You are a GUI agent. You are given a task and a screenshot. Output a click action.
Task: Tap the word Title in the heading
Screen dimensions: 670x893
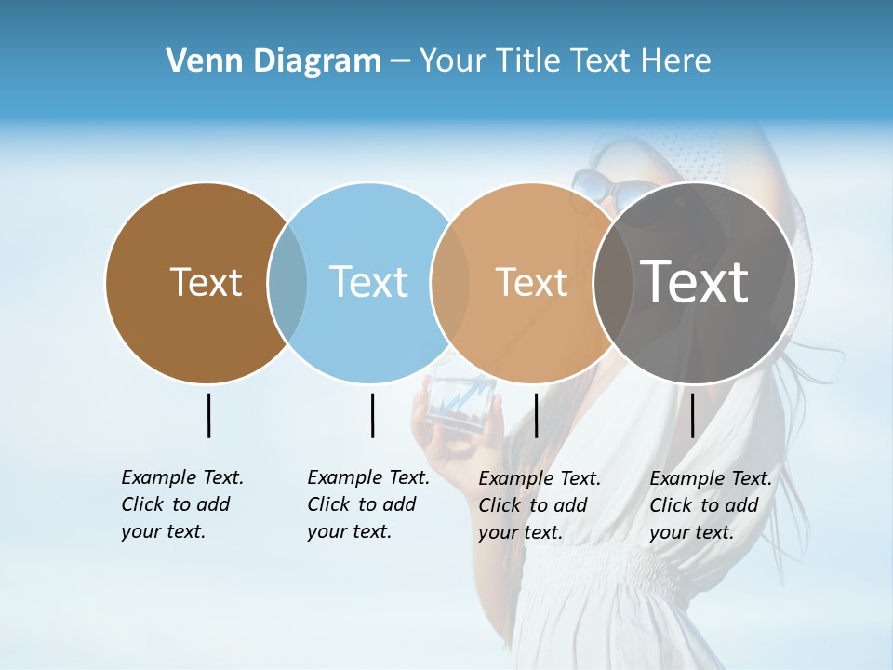coord(526,61)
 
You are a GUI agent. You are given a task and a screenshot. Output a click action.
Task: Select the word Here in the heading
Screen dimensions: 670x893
coord(676,61)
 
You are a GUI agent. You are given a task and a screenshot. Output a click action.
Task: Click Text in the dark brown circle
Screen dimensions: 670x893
coord(206,282)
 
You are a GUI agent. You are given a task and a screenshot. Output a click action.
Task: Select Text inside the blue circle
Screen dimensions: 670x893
coord(368,282)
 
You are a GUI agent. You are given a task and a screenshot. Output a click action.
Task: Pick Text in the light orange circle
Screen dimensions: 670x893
coord(531,282)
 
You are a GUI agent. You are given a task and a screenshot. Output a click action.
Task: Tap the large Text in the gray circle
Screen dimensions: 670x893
coord(694,281)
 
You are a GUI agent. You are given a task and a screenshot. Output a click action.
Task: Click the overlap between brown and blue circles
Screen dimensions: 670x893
coord(287,283)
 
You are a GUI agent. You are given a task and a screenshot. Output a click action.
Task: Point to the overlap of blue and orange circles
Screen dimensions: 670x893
coord(450,283)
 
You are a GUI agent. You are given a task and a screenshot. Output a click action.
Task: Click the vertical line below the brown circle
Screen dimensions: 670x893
coord(208,415)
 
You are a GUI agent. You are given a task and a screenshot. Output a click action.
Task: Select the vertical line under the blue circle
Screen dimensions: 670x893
coord(372,415)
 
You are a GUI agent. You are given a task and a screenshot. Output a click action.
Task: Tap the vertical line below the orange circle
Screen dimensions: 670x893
coord(536,415)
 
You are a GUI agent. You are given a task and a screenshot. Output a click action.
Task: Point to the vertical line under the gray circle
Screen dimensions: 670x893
coord(692,415)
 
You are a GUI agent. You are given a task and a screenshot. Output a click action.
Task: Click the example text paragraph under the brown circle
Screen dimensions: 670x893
coord(181,504)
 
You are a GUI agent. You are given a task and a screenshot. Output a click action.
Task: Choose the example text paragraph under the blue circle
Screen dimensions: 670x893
coord(367,504)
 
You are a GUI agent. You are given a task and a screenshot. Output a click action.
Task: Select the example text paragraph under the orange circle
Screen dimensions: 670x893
coord(539,505)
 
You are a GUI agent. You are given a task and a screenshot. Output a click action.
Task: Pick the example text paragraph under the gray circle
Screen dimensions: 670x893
coord(710,505)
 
